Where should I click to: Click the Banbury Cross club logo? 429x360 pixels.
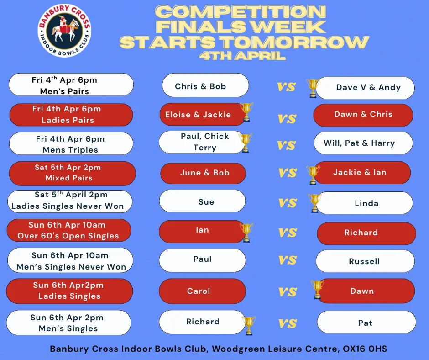pyautogui.click(x=64, y=31)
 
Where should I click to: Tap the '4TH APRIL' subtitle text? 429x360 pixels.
pyautogui.click(x=242, y=56)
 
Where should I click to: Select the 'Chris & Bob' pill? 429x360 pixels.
pyautogui.click(x=205, y=85)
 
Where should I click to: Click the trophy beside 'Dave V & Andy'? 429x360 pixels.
pyautogui.click(x=313, y=88)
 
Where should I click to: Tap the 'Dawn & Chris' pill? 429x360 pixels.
pyautogui.click(x=363, y=115)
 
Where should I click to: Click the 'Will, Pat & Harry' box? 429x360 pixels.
pyautogui.click(x=363, y=143)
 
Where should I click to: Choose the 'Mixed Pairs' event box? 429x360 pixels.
pyautogui.click(x=73, y=174)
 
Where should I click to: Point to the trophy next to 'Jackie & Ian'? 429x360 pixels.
pyautogui.click(x=313, y=175)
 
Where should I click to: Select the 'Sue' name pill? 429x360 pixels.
pyautogui.click(x=203, y=201)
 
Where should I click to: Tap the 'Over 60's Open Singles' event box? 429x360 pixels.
pyautogui.click(x=69, y=230)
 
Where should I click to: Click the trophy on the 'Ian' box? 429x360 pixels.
pyautogui.click(x=246, y=233)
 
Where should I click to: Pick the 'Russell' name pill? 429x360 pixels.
pyautogui.click(x=365, y=261)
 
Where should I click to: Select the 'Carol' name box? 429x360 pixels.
pyautogui.click(x=202, y=291)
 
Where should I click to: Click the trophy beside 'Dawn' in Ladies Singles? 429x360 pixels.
pyautogui.click(x=317, y=289)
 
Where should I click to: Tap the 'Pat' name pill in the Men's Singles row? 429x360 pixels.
pyautogui.click(x=366, y=322)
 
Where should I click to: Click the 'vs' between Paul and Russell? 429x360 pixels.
pyautogui.click(x=288, y=260)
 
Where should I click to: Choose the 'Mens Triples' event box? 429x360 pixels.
pyautogui.click(x=71, y=143)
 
